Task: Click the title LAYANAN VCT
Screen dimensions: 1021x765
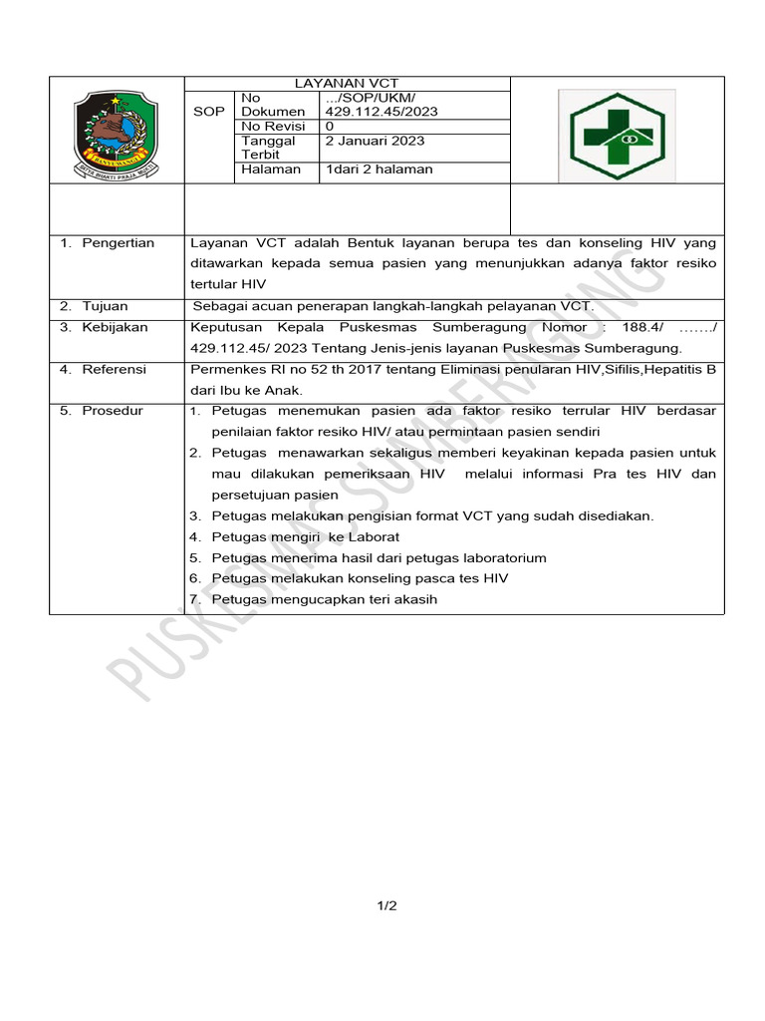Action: pos(347,84)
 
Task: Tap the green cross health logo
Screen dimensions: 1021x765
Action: pos(617,136)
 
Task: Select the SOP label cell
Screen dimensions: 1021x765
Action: pos(208,112)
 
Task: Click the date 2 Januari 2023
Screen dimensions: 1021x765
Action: pos(374,141)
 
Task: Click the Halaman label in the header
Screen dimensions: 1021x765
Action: pos(270,170)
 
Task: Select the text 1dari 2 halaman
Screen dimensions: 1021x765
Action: pos(380,170)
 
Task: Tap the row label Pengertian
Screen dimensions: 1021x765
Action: pos(118,243)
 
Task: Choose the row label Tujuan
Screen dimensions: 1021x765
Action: pos(105,306)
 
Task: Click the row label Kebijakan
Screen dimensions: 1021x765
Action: pos(115,327)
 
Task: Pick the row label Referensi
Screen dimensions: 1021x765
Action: pos(114,369)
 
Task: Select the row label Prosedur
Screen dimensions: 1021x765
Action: pos(112,411)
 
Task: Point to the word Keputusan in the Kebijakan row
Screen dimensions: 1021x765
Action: pos(226,327)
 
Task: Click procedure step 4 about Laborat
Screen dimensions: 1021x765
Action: pos(305,536)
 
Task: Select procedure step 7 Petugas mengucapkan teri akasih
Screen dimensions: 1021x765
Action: pos(324,599)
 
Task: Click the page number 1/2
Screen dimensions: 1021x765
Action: pos(386,905)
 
